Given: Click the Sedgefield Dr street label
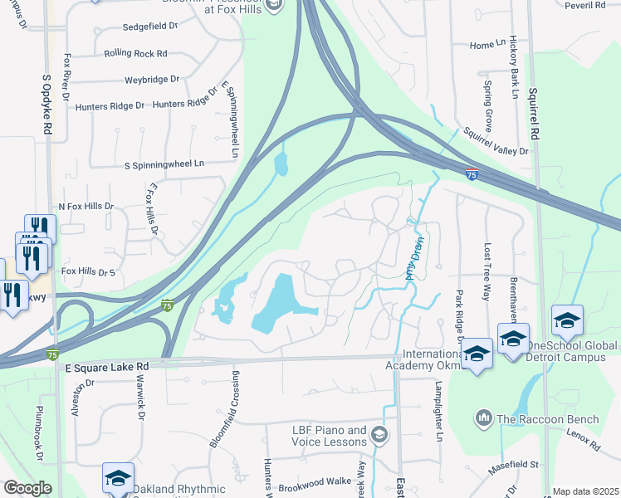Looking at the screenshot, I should point(150,26).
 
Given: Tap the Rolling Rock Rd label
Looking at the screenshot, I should point(135,53).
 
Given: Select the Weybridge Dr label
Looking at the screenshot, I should point(152,79).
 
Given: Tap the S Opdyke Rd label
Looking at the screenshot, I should point(47,107).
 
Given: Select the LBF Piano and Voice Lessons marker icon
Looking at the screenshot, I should point(379,433).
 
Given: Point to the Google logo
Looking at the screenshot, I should point(27,488).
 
